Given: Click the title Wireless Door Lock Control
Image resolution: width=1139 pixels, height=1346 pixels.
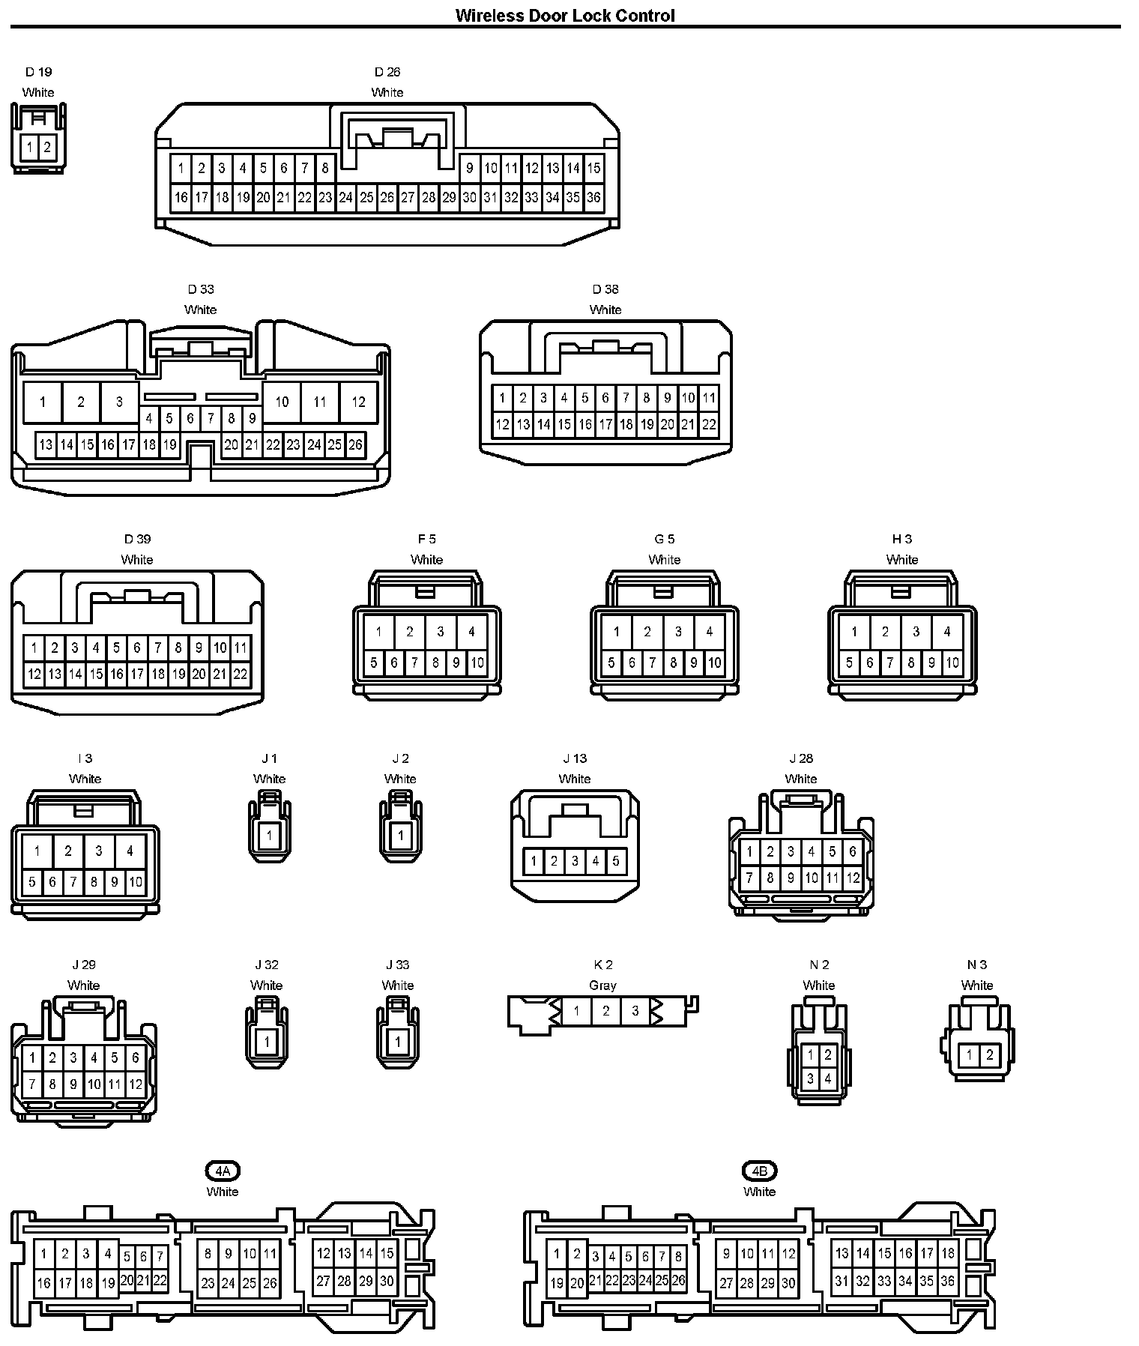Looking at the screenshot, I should click(565, 16).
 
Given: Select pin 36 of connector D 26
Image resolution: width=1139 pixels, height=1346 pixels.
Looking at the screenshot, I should click(593, 198).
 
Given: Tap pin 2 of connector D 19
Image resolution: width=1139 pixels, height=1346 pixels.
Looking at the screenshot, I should click(46, 147).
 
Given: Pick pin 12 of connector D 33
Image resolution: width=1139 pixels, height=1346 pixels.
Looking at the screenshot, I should click(358, 402).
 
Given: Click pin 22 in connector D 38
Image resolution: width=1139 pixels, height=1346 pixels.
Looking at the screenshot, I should click(709, 425).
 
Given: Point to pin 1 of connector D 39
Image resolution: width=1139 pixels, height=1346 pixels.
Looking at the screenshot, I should click(34, 648).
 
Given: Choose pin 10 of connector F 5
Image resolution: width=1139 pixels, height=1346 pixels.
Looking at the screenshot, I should click(477, 663).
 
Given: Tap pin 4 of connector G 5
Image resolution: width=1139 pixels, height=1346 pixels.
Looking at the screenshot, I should click(709, 632).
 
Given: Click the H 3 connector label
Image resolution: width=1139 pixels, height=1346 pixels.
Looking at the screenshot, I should click(902, 539).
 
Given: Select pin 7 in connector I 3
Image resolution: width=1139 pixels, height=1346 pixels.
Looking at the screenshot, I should click(73, 882).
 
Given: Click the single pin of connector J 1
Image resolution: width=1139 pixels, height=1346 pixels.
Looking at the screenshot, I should click(269, 835).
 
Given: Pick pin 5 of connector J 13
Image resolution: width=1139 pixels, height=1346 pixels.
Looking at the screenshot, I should click(616, 861).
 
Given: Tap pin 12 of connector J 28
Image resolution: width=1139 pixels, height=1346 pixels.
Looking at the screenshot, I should click(853, 877).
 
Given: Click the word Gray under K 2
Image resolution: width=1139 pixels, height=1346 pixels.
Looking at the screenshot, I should click(602, 986).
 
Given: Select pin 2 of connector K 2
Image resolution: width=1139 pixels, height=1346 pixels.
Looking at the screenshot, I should click(605, 1011).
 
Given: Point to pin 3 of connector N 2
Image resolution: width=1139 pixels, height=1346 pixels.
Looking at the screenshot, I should click(810, 1079).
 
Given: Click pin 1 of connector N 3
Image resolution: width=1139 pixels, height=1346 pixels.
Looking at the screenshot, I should click(969, 1055).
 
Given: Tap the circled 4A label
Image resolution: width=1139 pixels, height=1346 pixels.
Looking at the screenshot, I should click(223, 1171).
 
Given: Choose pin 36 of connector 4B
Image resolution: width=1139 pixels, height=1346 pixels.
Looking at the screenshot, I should click(948, 1282).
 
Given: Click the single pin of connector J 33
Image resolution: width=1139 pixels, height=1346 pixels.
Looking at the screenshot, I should click(398, 1041).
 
